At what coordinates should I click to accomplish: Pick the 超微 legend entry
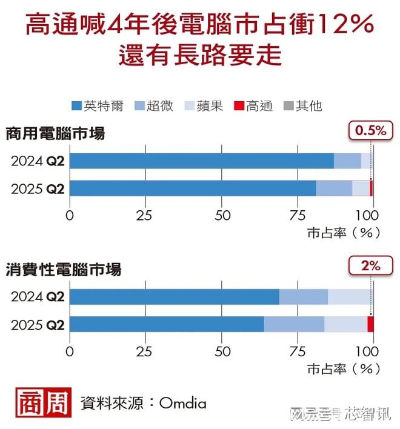154,106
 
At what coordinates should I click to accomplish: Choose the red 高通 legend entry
253,106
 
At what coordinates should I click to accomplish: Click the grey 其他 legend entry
302,106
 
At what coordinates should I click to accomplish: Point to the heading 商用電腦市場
56,133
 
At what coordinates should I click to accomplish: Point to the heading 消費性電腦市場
64,269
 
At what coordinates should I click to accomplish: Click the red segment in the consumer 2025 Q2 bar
370,324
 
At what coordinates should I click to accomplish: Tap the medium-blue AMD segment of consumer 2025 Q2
294,324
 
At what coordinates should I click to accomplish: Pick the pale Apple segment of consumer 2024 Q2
348,297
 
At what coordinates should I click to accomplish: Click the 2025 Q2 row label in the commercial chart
38,188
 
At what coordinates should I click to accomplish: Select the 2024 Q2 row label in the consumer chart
38,297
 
